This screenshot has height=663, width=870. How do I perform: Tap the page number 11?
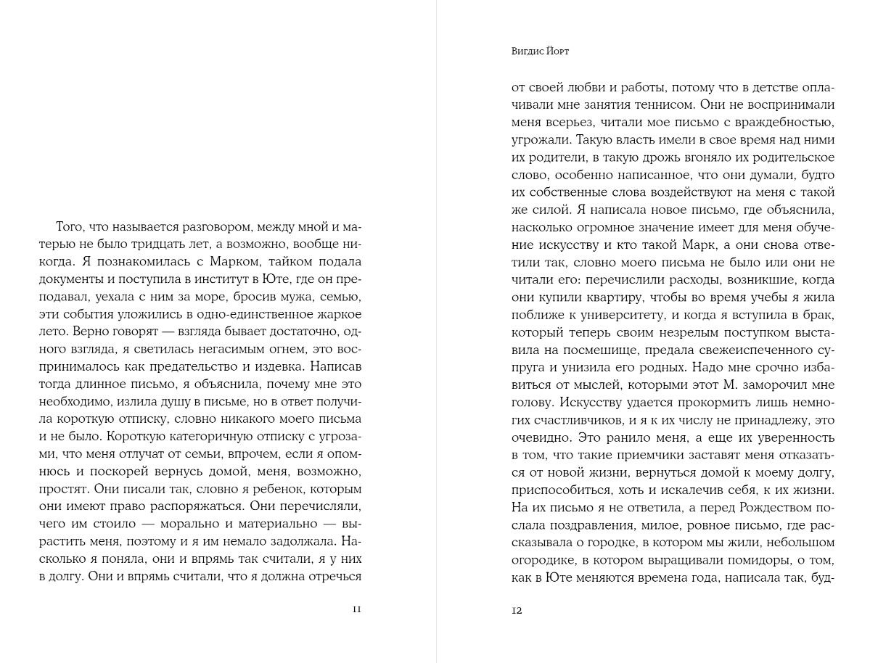356,609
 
